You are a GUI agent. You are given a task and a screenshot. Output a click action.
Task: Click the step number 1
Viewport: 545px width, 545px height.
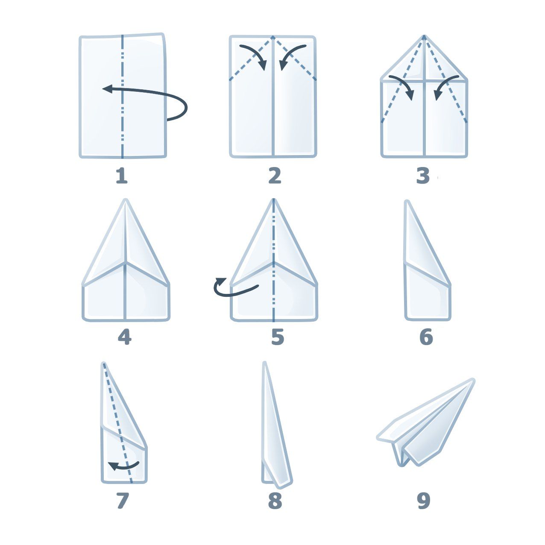[x=122, y=176]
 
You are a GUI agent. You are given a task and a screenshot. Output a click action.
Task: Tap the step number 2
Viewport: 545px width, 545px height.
[x=275, y=176]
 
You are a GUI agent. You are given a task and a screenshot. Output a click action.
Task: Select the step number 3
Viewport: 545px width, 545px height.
[x=423, y=176]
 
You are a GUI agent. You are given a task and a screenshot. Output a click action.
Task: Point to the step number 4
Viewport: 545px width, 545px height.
[x=124, y=337]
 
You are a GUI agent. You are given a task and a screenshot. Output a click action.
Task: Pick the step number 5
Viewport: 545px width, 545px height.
[x=278, y=337]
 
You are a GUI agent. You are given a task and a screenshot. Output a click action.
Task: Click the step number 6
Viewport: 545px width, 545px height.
[x=426, y=337]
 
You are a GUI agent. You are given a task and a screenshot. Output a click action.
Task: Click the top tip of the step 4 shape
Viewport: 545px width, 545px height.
[x=126, y=199]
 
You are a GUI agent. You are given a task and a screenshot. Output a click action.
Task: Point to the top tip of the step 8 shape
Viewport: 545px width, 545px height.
[x=265, y=363]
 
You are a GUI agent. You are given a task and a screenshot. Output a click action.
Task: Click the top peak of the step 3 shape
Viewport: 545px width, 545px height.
[x=424, y=36]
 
